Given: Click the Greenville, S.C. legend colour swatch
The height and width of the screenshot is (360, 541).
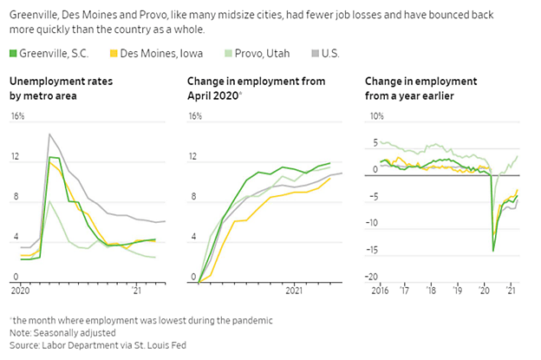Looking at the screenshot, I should pyautogui.click(x=14, y=54).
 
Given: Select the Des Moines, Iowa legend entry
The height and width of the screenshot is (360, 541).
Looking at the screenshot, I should pyautogui.click(x=145, y=54).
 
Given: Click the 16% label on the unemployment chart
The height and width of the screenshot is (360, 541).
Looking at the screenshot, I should pyautogui.click(x=16, y=116).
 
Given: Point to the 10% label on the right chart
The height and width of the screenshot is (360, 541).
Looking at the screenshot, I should pyautogui.click(x=375, y=116).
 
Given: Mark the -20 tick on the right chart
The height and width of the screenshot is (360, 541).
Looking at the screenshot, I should pyautogui.click(x=374, y=277).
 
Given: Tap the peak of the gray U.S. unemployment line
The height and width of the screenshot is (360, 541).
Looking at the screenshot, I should pyautogui.click(x=49, y=134).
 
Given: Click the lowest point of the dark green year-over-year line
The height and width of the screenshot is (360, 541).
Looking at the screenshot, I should pyautogui.click(x=493, y=251).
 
